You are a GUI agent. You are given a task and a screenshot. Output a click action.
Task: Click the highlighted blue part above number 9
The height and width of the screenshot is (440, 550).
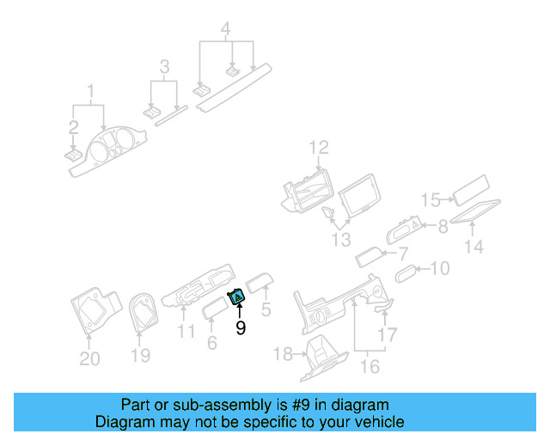coord(238,297)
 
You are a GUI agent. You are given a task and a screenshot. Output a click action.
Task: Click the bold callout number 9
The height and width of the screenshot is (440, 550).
coord(241,327)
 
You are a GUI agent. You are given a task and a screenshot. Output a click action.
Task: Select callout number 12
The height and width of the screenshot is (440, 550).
coord(319,147)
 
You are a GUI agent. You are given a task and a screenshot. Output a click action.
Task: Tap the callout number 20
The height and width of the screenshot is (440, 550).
coord(89,357)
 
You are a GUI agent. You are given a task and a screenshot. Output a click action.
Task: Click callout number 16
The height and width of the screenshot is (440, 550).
coord(369,366)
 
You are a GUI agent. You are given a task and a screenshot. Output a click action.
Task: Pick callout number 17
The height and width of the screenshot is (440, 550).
coord(388,334)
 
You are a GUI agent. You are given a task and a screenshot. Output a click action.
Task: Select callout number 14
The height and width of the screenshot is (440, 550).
coord(474,247)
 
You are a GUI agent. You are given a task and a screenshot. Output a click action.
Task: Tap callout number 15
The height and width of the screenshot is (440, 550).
coord(431,200)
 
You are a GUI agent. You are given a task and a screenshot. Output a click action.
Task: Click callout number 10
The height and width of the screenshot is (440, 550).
coord(438,269)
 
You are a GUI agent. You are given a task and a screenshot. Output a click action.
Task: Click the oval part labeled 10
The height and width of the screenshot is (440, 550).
coord(406,273)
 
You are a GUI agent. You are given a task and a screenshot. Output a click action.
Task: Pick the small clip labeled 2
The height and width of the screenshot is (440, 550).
coord(73,156)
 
